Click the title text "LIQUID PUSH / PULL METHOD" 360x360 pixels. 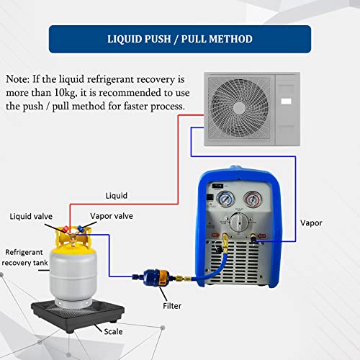click(179, 39)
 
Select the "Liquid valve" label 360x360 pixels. click(31, 215)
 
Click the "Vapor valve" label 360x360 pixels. click(112, 215)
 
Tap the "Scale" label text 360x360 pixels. click(112, 332)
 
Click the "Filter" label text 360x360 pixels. click(173, 305)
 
